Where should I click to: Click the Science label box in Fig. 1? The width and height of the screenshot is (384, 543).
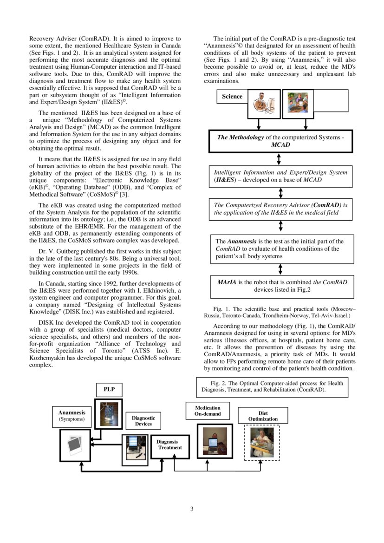[x=232, y=97]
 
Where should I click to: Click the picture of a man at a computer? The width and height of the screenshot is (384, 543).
[x=263, y=105]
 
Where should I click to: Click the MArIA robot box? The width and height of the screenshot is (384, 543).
[x=282, y=286]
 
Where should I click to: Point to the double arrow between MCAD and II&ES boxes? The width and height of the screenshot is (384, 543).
[x=279, y=159]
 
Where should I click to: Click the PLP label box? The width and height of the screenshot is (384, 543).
[x=109, y=389]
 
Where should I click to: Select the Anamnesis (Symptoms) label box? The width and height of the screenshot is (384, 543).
[x=72, y=416]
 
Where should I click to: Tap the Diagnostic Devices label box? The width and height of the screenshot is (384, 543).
[x=143, y=421]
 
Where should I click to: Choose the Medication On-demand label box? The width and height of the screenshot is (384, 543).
[x=208, y=411]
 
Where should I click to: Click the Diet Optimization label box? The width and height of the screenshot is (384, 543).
[x=263, y=416]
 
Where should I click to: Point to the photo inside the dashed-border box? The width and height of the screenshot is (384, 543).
[x=262, y=442]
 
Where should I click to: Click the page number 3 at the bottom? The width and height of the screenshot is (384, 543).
[x=192, y=509]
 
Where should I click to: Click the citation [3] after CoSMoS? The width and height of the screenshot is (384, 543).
[x=124, y=195]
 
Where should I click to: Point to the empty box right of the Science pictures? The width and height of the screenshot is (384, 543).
[x=331, y=101]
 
